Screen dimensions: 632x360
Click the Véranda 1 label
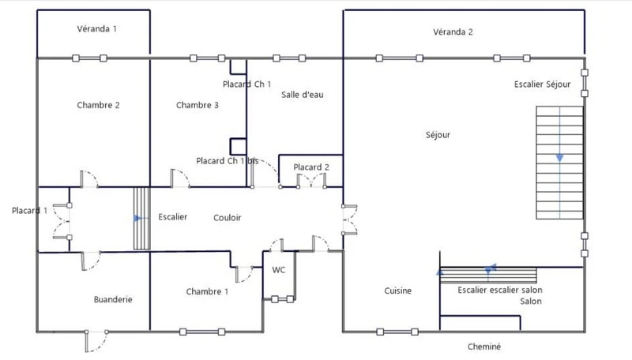click(x=96, y=28)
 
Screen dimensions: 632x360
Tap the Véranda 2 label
click(x=453, y=32)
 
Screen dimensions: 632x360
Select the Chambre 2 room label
click(x=98, y=105)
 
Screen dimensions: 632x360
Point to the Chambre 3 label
click(x=197, y=105)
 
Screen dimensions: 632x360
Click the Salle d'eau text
click(x=303, y=95)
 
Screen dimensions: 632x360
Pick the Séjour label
click(x=438, y=135)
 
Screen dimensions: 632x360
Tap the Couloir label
click(x=228, y=218)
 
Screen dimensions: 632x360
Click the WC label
click(x=279, y=270)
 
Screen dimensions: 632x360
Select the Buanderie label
click(x=113, y=299)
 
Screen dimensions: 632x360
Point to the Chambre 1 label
click(x=207, y=291)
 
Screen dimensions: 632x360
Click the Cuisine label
click(x=398, y=291)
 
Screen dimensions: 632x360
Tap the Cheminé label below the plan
click(x=484, y=347)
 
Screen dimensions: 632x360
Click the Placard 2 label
click(x=311, y=167)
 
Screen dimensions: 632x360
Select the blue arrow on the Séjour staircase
click(x=559, y=158)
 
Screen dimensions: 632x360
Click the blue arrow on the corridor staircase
click(x=137, y=218)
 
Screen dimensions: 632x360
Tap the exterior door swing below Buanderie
click(x=96, y=342)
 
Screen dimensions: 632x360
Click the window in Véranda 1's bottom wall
click(x=89, y=58)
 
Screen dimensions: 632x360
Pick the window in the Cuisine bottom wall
click(x=397, y=332)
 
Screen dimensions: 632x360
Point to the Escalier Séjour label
click(x=542, y=84)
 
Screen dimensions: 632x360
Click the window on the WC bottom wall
click(x=282, y=299)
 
